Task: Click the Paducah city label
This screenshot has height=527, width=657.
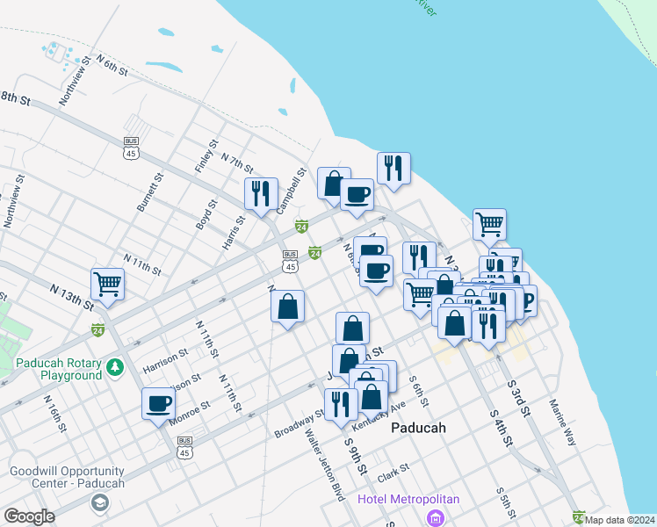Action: [417, 428]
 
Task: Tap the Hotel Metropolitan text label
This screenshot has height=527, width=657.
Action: [408, 499]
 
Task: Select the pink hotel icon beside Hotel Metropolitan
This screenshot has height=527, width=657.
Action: [435, 517]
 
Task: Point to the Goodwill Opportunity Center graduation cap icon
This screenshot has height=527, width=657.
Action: [99, 502]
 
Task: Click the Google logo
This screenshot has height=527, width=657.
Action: [29, 516]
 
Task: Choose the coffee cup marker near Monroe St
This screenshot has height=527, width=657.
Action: [159, 404]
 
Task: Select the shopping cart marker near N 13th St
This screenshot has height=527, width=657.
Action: [108, 283]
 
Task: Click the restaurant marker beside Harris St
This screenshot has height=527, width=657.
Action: [261, 193]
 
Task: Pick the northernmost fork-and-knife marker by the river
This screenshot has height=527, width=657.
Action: [393, 168]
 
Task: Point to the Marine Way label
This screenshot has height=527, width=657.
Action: [562, 422]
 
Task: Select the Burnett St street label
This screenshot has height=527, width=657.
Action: [149, 191]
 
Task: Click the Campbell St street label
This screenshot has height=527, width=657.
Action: [290, 192]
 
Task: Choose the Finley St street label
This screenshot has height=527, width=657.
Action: [206, 156]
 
